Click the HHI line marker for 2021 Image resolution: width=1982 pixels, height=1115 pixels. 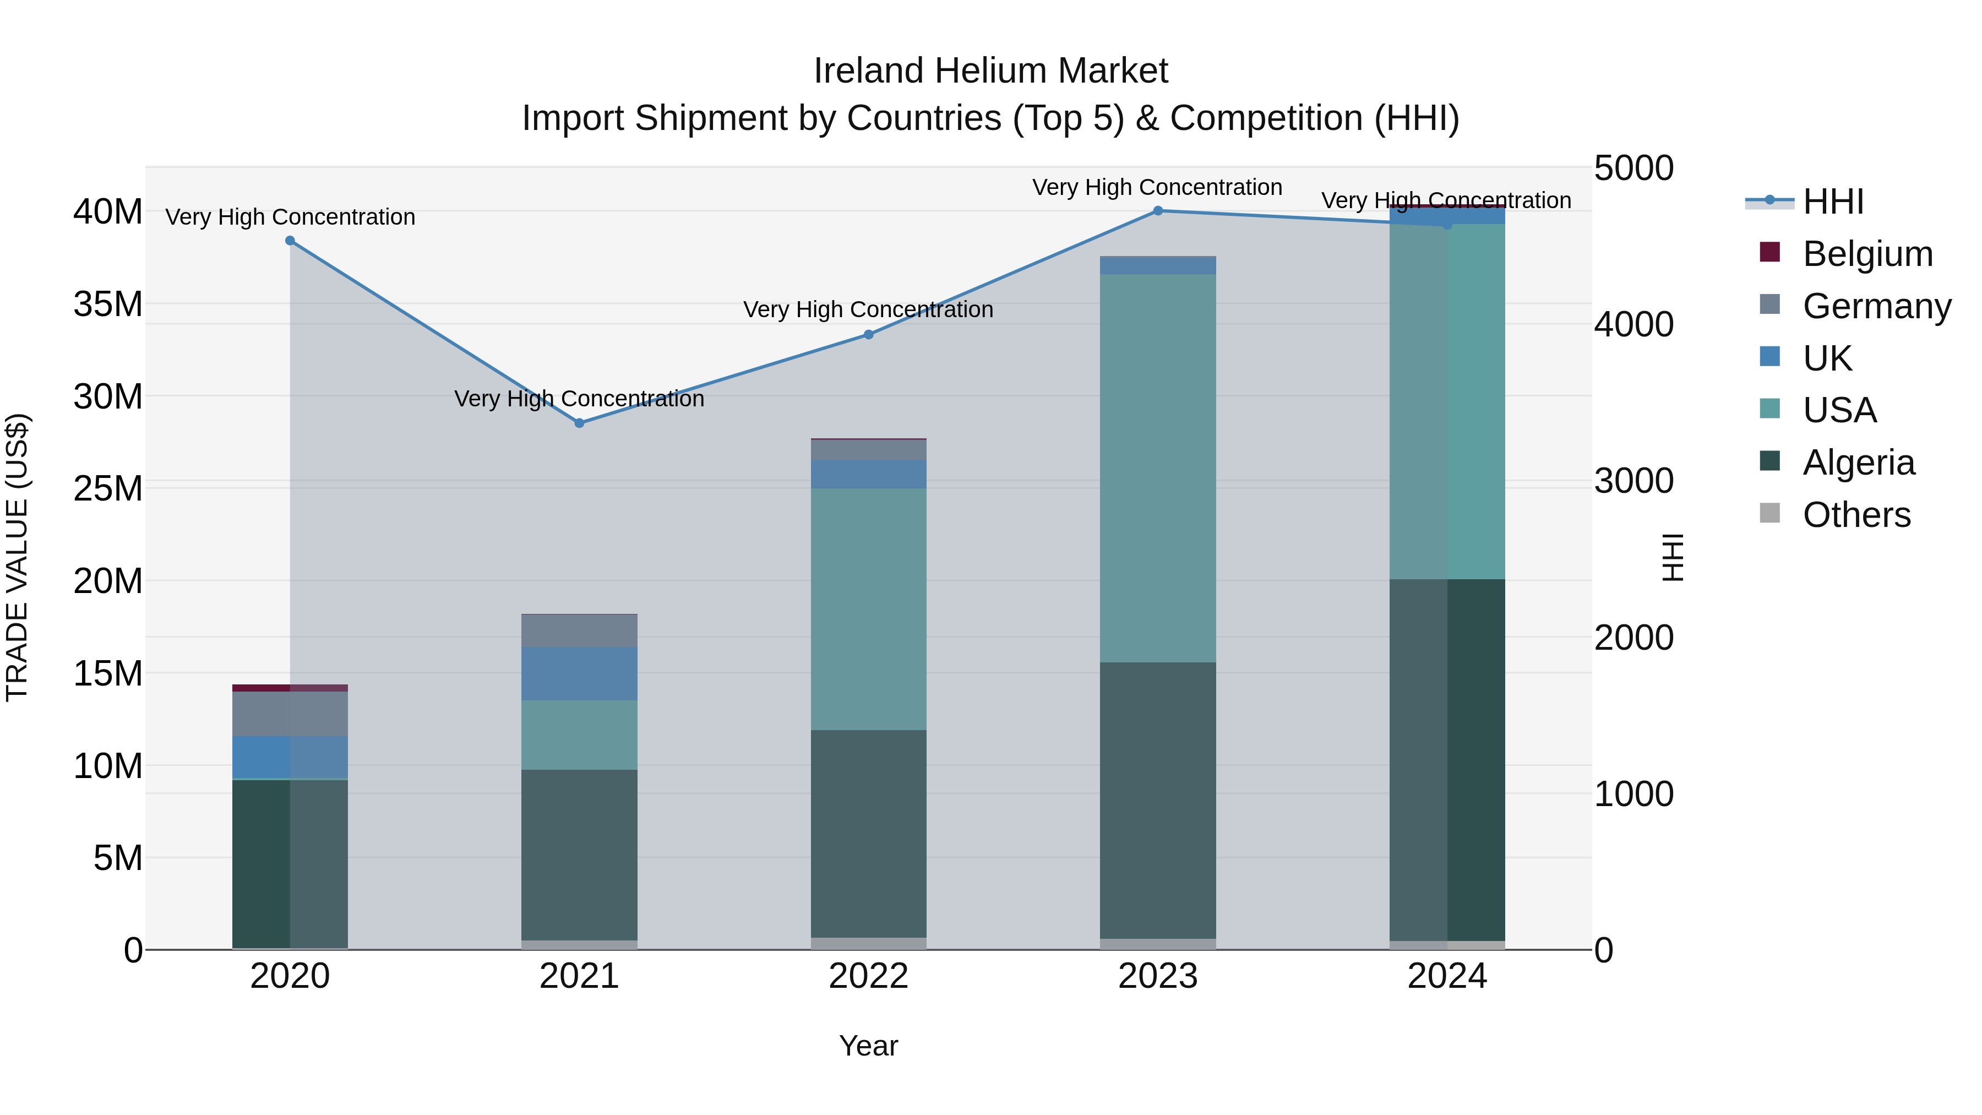(579, 423)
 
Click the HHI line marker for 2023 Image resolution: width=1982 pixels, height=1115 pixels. (1158, 211)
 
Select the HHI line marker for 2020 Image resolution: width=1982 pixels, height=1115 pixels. (290, 241)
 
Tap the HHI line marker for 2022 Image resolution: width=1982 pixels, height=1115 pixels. (869, 335)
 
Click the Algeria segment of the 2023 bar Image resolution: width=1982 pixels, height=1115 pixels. (1158, 800)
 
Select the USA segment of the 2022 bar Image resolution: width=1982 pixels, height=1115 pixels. (869, 608)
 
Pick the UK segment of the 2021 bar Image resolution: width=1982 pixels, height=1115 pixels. (579, 673)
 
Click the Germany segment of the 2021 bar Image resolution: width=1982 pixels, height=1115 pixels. (579, 631)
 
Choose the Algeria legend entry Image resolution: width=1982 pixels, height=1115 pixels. (1858, 463)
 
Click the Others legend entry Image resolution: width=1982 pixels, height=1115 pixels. (1856, 515)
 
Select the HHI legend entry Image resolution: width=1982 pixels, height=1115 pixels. (1833, 202)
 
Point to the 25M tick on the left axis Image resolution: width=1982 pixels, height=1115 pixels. (108, 488)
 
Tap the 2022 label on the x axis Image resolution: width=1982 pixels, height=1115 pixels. (869, 976)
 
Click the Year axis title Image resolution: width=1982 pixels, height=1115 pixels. (869, 1046)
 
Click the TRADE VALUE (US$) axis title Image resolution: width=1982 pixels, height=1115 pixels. (17, 557)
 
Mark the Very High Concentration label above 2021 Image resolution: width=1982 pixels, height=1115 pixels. (579, 399)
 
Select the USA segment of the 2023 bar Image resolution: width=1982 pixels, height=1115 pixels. (1158, 468)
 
